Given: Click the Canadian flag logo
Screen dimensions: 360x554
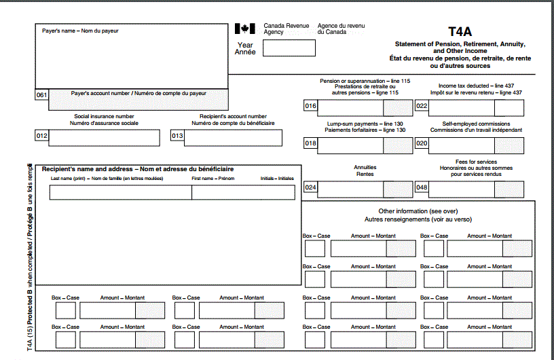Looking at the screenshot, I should pos(244,29).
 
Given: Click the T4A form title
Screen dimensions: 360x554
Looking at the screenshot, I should pos(460,31).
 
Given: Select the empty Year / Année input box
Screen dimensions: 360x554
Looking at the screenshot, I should pos(289,48).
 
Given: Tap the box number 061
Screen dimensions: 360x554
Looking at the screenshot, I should pos(41,95).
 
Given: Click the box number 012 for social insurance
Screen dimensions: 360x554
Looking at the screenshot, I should pos(41,136).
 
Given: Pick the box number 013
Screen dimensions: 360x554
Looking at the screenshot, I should pos(177,136).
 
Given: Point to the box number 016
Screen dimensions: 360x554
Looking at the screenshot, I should pos(311,106).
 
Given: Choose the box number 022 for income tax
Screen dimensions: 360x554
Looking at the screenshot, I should pos(422,106).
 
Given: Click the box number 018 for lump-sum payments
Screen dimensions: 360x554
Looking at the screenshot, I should pos(311,143).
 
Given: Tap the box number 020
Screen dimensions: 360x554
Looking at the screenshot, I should pos(422,143).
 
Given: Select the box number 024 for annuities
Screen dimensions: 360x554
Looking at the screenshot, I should pos(311,187).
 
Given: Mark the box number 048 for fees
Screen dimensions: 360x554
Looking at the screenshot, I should pos(422,187).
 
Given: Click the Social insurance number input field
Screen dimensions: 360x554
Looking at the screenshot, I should pos(104,137).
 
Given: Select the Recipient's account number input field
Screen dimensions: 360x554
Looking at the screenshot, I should pos(233,137).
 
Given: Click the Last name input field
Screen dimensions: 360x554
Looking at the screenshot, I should pos(120,192).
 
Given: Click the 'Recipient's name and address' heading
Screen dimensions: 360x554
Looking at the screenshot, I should pos(137,168).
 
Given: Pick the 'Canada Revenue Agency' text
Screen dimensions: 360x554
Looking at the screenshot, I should pos(286,29).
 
